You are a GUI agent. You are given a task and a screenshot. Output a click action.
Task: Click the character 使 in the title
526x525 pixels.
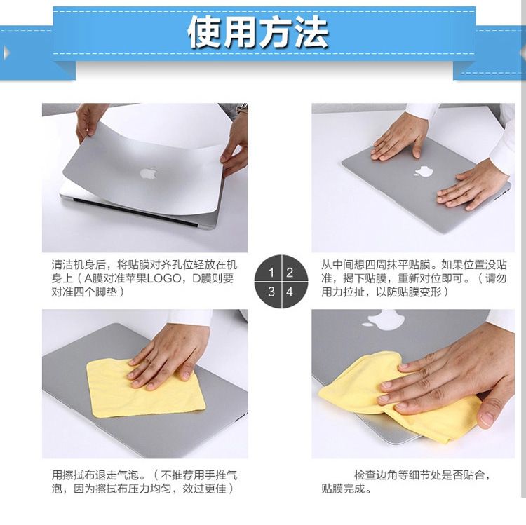(204, 32)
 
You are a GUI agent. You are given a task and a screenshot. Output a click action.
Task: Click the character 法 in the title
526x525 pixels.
(311, 32)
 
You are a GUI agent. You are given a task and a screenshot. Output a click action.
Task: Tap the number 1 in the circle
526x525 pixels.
(271, 273)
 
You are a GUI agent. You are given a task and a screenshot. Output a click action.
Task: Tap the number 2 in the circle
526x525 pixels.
(290, 273)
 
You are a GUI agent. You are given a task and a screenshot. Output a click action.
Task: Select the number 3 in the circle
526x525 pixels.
(271, 292)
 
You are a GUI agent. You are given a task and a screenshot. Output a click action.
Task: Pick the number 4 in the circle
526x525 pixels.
(290, 292)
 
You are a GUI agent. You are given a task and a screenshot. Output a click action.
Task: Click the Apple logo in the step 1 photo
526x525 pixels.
(149, 173)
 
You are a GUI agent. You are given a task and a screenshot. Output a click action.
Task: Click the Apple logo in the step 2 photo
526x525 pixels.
(424, 171)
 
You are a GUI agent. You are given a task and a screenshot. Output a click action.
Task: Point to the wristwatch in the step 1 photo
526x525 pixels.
(243, 108)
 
